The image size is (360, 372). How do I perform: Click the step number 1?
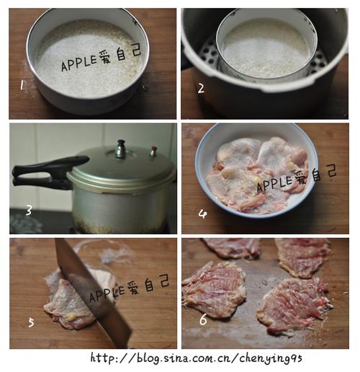click(x=22, y=85)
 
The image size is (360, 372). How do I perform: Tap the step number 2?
click(x=201, y=89)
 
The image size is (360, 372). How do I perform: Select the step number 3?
click(x=29, y=211)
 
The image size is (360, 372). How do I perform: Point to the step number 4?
click(x=203, y=213)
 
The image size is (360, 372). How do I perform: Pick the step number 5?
click(x=31, y=322)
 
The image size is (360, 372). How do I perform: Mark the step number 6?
click(x=203, y=319)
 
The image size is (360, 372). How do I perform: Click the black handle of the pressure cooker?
click(x=48, y=172)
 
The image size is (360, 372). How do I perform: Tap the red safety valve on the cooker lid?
click(x=153, y=151)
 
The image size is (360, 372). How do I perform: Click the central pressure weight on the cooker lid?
click(x=121, y=149)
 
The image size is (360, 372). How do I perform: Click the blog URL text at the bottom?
click(x=196, y=358)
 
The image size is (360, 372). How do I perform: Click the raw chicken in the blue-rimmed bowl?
click(x=258, y=174)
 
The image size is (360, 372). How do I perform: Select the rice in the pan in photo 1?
click(x=89, y=59)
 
